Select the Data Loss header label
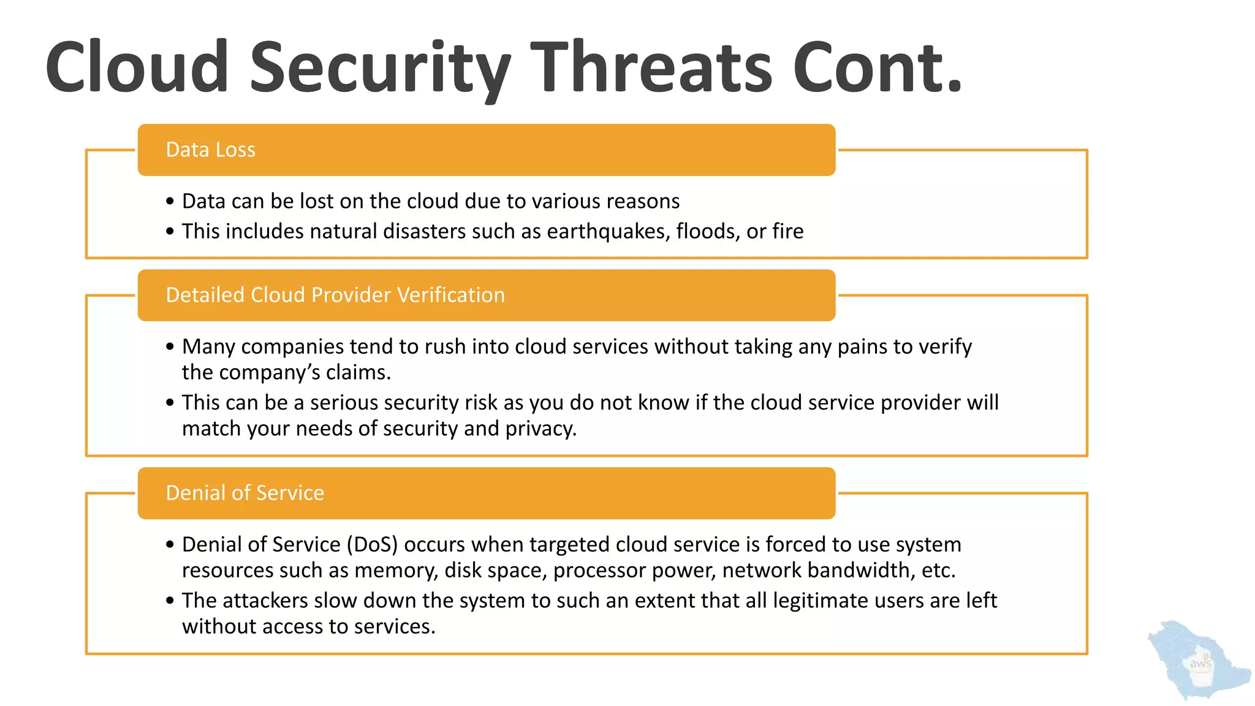pyautogui.click(x=210, y=150)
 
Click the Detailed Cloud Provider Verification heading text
pyautogui.click(x=335, y=295)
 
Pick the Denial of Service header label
pyautogui.click(x=245, y=493)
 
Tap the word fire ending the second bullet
pyautogui.click(x=787, y=232)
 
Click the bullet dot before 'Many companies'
pyautogui.click(x=170, y=347)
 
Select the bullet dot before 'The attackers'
pyautogui.click(x=170, y=601)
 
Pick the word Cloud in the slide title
pyautogui.click(x=137, y=67)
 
